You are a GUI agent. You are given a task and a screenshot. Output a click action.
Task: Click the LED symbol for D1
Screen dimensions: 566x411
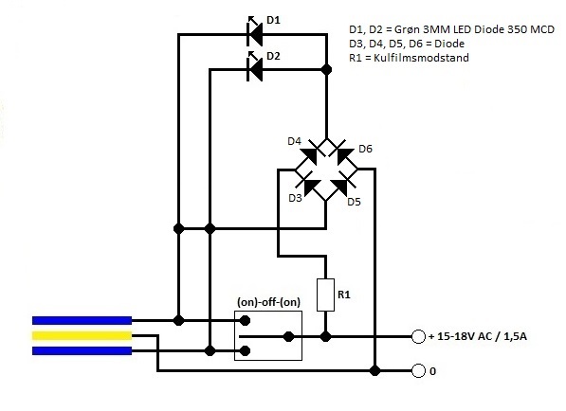254,34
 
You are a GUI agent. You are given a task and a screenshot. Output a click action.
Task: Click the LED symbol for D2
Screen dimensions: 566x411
254,69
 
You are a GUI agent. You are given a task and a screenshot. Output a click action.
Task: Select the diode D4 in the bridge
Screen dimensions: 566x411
310,154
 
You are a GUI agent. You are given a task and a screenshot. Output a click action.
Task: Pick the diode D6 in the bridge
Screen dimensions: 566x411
343,154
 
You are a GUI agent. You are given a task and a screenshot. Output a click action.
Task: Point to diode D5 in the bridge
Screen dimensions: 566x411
342,183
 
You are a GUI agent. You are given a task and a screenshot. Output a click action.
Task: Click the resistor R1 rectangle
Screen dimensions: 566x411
325,295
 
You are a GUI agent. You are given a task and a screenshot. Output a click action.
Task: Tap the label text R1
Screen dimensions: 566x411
344,295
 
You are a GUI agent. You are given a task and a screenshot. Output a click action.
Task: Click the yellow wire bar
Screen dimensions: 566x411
82,335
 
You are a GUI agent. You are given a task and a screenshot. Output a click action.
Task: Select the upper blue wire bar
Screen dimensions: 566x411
82,320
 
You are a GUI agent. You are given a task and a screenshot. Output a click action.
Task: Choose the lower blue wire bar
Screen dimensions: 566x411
82,350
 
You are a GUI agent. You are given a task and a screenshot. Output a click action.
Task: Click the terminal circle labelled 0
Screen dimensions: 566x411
418,370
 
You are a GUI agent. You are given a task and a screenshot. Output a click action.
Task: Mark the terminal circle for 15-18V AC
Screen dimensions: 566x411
418,337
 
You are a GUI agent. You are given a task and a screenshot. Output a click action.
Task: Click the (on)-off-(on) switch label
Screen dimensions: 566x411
268,302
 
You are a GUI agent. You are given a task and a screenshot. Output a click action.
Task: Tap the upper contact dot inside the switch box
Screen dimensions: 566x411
246,320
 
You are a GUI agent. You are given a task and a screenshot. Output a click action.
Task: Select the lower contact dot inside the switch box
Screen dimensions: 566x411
246,350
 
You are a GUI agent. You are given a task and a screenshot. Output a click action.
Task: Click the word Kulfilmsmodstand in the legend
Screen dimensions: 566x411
421,58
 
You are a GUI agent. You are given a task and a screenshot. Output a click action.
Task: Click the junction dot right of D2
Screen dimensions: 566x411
327,69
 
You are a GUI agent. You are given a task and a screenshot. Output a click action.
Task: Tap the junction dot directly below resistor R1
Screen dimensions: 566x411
325,337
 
